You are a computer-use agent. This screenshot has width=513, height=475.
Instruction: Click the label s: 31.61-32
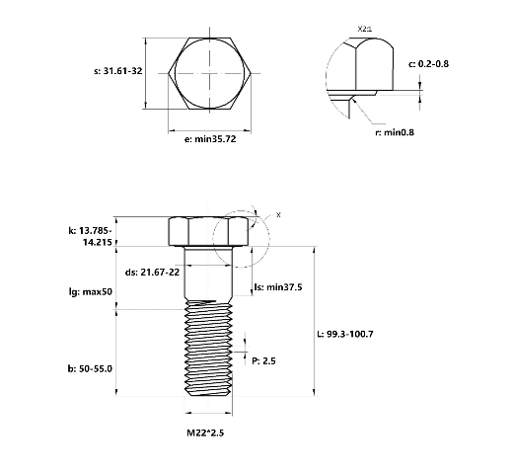pyautogui.click(x=118, y=71)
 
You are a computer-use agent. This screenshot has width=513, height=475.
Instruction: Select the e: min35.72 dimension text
pyautogui.click(x=210, y=139)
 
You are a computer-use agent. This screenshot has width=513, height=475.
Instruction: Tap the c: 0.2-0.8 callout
pyautogui.click(x=428, y=64)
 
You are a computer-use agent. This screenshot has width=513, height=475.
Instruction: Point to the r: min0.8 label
pyautogui.click(x=395, y=132)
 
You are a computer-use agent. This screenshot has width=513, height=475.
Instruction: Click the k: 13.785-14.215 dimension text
pyautogui.click(x=91, y=236)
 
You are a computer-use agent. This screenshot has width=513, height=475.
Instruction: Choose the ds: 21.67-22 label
pyautogui.click(x=152, y=273)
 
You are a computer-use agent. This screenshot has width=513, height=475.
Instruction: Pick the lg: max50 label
pyautogui.click(x=91, y=291)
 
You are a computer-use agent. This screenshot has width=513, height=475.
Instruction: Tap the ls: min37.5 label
pyautogui.click(x=278, y=287)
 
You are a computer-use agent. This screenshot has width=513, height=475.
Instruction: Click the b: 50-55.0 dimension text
pyautogui.click(x=90, y=368)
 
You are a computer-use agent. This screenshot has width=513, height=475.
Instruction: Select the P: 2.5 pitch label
pyautogui.click(x=263, y=361)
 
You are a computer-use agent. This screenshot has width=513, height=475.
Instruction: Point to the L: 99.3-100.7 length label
pyautogui.click(x=345, y=334)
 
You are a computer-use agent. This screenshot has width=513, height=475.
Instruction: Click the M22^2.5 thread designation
pyautogui.click(x=205, y=433)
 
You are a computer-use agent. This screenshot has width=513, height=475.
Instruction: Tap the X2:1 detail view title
pyautogui.click(x=365, y=29)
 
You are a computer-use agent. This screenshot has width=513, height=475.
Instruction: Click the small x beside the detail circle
pyautogui.click(x=278, y=215)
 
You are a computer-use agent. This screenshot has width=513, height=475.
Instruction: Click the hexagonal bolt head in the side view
pyautogui.click(x=209, y=231)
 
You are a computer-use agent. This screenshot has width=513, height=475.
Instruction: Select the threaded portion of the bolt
pyautogui.click(x=208, y=348)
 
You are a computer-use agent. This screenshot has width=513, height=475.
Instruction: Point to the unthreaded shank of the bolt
pyautogui.click(x=208, y=273)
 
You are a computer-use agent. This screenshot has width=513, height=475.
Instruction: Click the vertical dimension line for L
pyautogui.click(x=315, y=321)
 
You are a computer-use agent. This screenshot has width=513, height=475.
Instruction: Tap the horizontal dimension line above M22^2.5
pyautogui.click(x=208, y=413)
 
